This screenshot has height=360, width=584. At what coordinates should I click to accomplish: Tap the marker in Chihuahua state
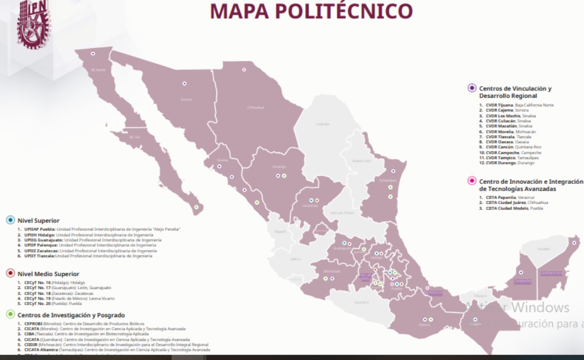pos(244,70)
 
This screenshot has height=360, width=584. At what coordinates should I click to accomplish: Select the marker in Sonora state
pos(184,84)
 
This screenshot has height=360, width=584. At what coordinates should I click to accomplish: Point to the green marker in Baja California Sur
pos(196,207)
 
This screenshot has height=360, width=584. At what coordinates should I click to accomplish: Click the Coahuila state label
pos(322,124)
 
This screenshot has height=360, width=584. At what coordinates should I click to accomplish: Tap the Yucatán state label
pos(543,249)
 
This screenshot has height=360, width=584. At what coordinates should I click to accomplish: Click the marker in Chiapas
pos(475,320)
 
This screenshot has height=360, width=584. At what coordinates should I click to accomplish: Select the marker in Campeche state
pos(521,272)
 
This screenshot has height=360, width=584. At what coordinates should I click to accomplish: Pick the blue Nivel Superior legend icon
pos(10,220)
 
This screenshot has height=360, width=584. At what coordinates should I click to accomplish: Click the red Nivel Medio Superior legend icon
pos(10,273)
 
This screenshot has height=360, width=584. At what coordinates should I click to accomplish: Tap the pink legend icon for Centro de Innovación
pos(471,181)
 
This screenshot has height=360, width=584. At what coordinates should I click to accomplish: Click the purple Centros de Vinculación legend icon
pos(471,88)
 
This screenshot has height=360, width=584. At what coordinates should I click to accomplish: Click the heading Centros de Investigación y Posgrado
pos(68,315)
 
